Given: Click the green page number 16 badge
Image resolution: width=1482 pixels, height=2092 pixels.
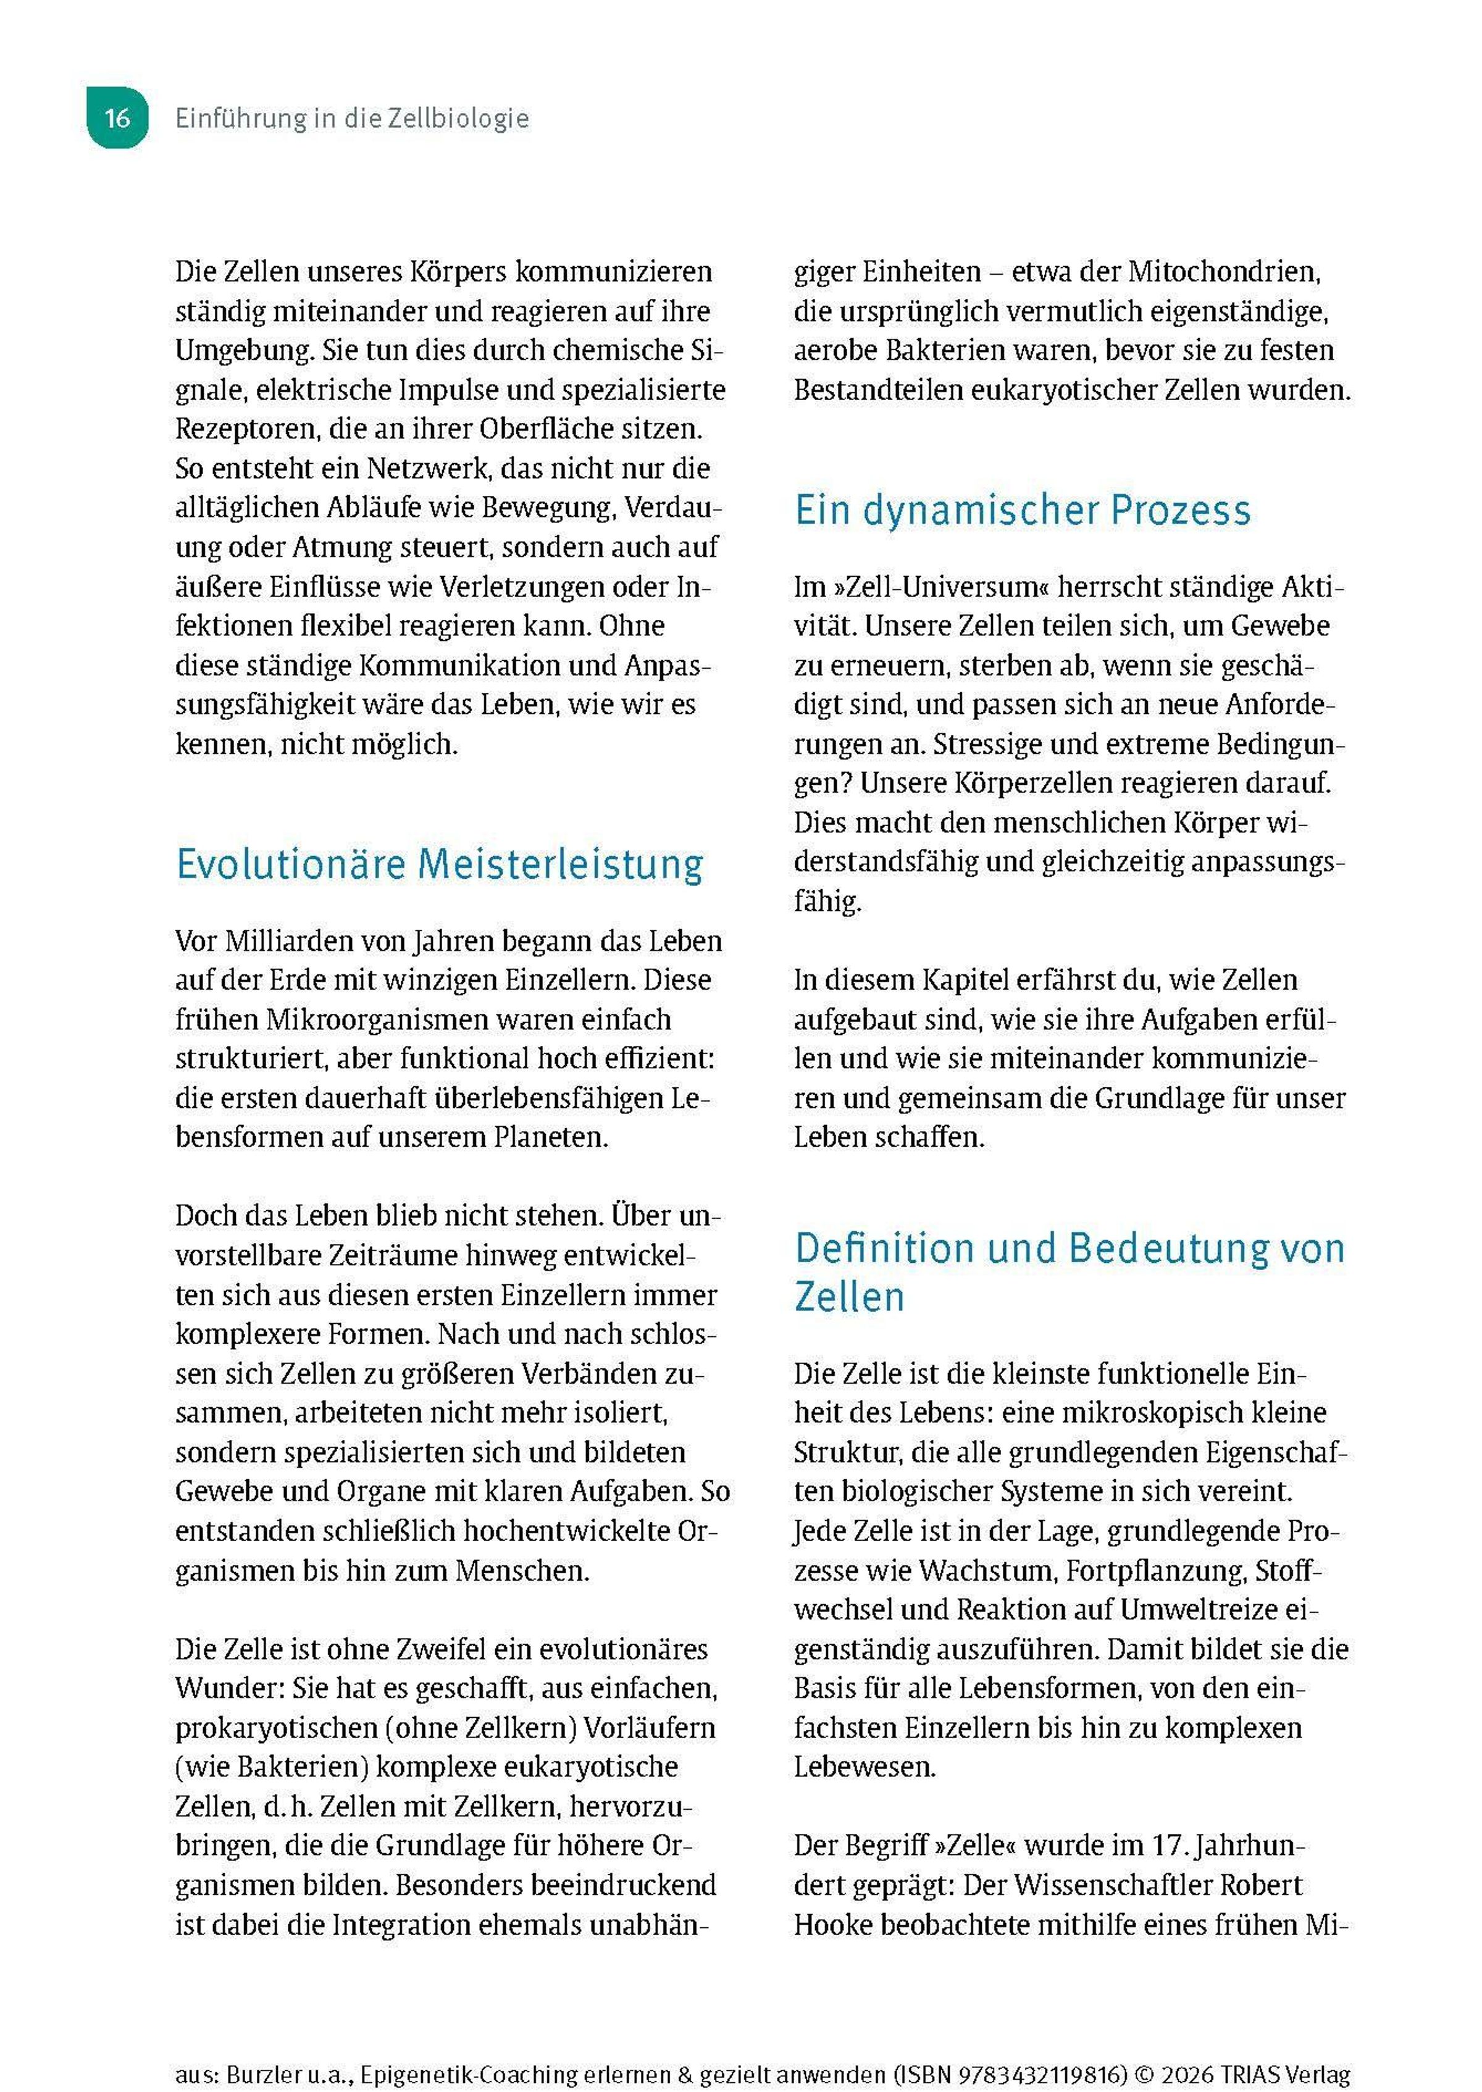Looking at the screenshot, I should (x=117, y=118).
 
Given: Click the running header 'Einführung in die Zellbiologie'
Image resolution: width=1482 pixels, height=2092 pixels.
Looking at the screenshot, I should (x=351, y=119).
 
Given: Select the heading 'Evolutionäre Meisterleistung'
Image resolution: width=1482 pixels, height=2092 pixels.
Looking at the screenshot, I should (x=439, y=864).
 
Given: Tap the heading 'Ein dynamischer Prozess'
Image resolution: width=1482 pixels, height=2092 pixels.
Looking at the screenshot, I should (x=1022, y=510).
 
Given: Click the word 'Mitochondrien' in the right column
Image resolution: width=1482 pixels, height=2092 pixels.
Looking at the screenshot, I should (x=1223, y=272).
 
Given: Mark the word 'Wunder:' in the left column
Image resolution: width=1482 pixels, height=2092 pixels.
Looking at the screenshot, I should (x=229, y=1689).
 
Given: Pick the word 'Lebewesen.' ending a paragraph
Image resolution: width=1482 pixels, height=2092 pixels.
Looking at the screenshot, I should (x=865, y=1767).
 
